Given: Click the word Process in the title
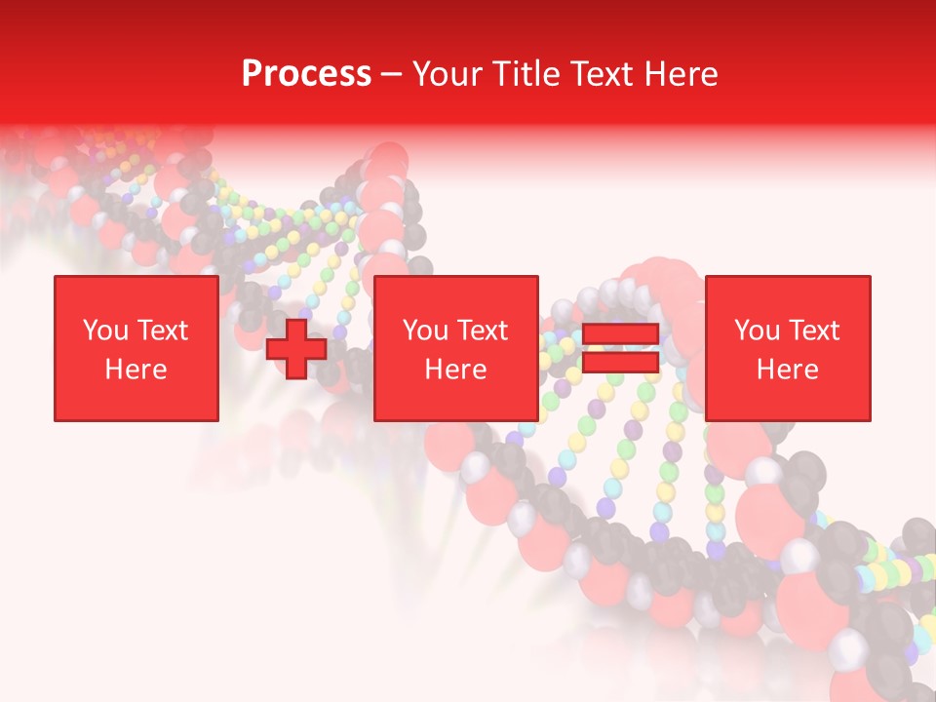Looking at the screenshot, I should click(306, 74).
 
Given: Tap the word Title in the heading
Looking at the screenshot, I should click(522, 74).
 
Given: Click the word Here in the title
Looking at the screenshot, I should click(682, 74).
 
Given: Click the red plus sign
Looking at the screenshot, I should click(296, 348).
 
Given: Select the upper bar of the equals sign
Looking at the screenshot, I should click(620, 334).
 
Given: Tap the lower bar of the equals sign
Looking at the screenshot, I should click(620, 363).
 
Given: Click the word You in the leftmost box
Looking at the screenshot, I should click(104, 331).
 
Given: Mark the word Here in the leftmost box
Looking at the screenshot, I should click(136, 370).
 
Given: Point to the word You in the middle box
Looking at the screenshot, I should click(425, 331).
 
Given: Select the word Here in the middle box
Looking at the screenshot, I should click(456, 370).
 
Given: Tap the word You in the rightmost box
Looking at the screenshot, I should click(757, 331).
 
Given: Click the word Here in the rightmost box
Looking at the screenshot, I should click(788, 370).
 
